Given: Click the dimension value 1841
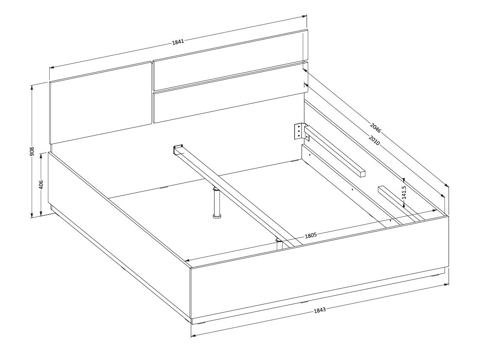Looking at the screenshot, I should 178,42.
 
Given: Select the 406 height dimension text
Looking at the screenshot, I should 41,184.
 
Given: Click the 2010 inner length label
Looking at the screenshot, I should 374,140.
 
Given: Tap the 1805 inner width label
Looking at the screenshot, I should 311,235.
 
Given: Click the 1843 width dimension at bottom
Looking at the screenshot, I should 320,310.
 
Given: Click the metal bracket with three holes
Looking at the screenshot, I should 299,131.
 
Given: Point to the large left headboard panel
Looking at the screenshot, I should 100,103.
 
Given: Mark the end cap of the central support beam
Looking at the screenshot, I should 178,149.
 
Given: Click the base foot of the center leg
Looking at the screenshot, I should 217,216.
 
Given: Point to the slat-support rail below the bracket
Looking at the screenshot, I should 335,151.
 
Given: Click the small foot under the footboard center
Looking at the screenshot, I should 304,302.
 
